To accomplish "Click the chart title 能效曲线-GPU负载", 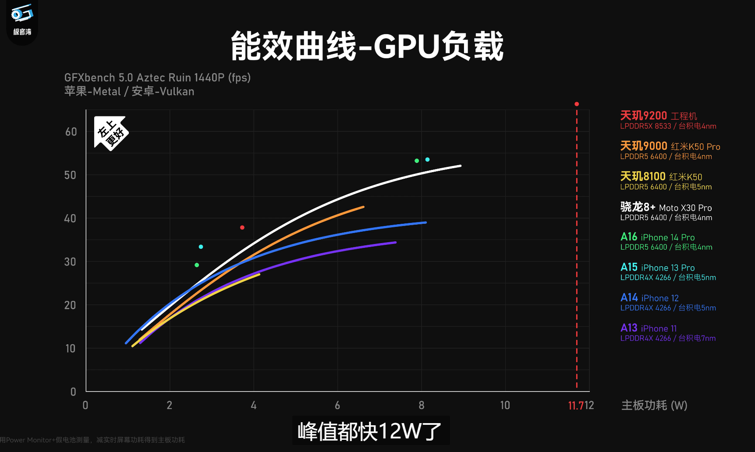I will click(x=367, y=46).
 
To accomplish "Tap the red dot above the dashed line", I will click(x=577, y=104).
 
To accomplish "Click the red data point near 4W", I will click(x=242, y=227).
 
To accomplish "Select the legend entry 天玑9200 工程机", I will click(x=658, y=116).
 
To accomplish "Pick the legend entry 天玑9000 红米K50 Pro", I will click(x=670, y=146).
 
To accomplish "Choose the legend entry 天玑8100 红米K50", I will click(x=661, y=177).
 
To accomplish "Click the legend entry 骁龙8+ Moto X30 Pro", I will click(x=666, y=207).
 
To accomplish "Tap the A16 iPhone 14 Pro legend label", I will click(x=657, y=237).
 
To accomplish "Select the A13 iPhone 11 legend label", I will click(x=649, y=328).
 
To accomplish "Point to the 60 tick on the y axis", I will click(x=71, y=132).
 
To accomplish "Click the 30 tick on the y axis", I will click(x=70, y=262).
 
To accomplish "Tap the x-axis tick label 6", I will click(x=337, y=405).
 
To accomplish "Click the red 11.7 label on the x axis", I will click(x=575, y=406).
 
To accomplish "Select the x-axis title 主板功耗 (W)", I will click(x=654, y=405).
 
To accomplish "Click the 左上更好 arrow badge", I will click(x=111, y=133).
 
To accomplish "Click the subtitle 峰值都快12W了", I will click(x=370, y=431).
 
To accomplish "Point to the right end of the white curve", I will click(x=460, y=166).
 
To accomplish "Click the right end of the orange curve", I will click(x=363, y=207).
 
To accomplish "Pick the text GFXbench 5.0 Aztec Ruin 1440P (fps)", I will click(x=157, y=78).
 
